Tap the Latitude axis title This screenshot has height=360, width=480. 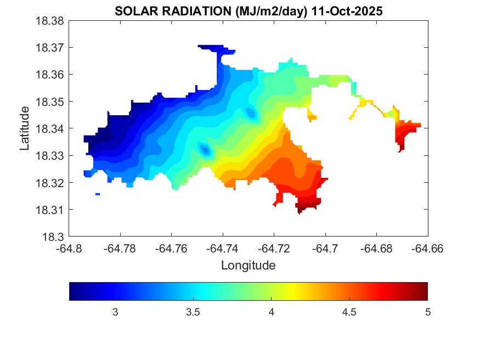tap(24, 128)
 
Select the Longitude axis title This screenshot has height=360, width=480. tap(248, 266)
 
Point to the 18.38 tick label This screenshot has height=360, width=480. tap(50, 21)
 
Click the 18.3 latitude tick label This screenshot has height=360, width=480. tap(55, 237)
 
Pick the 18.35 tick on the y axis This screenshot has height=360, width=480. tap(50, 102)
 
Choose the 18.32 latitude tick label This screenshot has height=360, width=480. tap(50, 183)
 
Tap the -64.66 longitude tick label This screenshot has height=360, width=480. tap(427, 248)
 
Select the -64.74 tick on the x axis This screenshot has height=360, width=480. tap(223, 248)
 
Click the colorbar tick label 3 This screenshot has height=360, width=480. tap(115, 312)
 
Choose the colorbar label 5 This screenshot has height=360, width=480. tap(427, 312)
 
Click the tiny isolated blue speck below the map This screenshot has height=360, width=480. tap(98, 194)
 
